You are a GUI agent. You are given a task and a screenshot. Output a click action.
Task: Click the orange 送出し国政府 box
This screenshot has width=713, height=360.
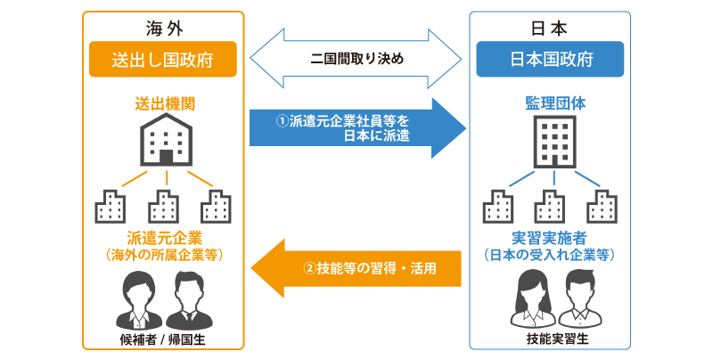pos(162,61)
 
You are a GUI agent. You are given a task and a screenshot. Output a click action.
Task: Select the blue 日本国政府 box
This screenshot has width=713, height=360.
pos(549,61)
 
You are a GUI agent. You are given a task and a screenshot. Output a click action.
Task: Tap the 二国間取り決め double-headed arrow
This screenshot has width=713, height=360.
pos(356,61)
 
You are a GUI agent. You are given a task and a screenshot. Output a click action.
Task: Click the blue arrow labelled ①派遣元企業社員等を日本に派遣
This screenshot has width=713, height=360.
pos(356,127)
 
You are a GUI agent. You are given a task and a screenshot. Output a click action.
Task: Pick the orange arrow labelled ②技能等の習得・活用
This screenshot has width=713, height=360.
pos(356,267)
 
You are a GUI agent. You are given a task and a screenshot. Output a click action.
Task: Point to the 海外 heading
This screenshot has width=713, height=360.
pos(162,26)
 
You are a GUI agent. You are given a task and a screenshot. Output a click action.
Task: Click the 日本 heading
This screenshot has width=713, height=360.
pos(549,26)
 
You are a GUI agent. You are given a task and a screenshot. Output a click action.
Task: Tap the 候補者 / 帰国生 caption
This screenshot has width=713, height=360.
pos(162,340)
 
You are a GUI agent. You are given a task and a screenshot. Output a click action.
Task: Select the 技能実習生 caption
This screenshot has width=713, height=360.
pos(549,340)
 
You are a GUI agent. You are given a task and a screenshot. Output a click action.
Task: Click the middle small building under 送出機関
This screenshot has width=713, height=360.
pos(163,206)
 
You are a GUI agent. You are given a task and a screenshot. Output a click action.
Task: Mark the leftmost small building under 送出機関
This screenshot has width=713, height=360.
pos(111,206)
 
